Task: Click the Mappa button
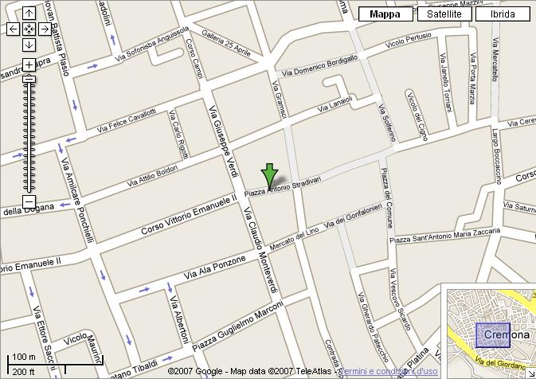(385, 14)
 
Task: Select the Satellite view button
(444, 14)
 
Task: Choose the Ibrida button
(502, 14)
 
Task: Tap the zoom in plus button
(29, 64)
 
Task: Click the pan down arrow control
(29, 44)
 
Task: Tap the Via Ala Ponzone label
(216, 266)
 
